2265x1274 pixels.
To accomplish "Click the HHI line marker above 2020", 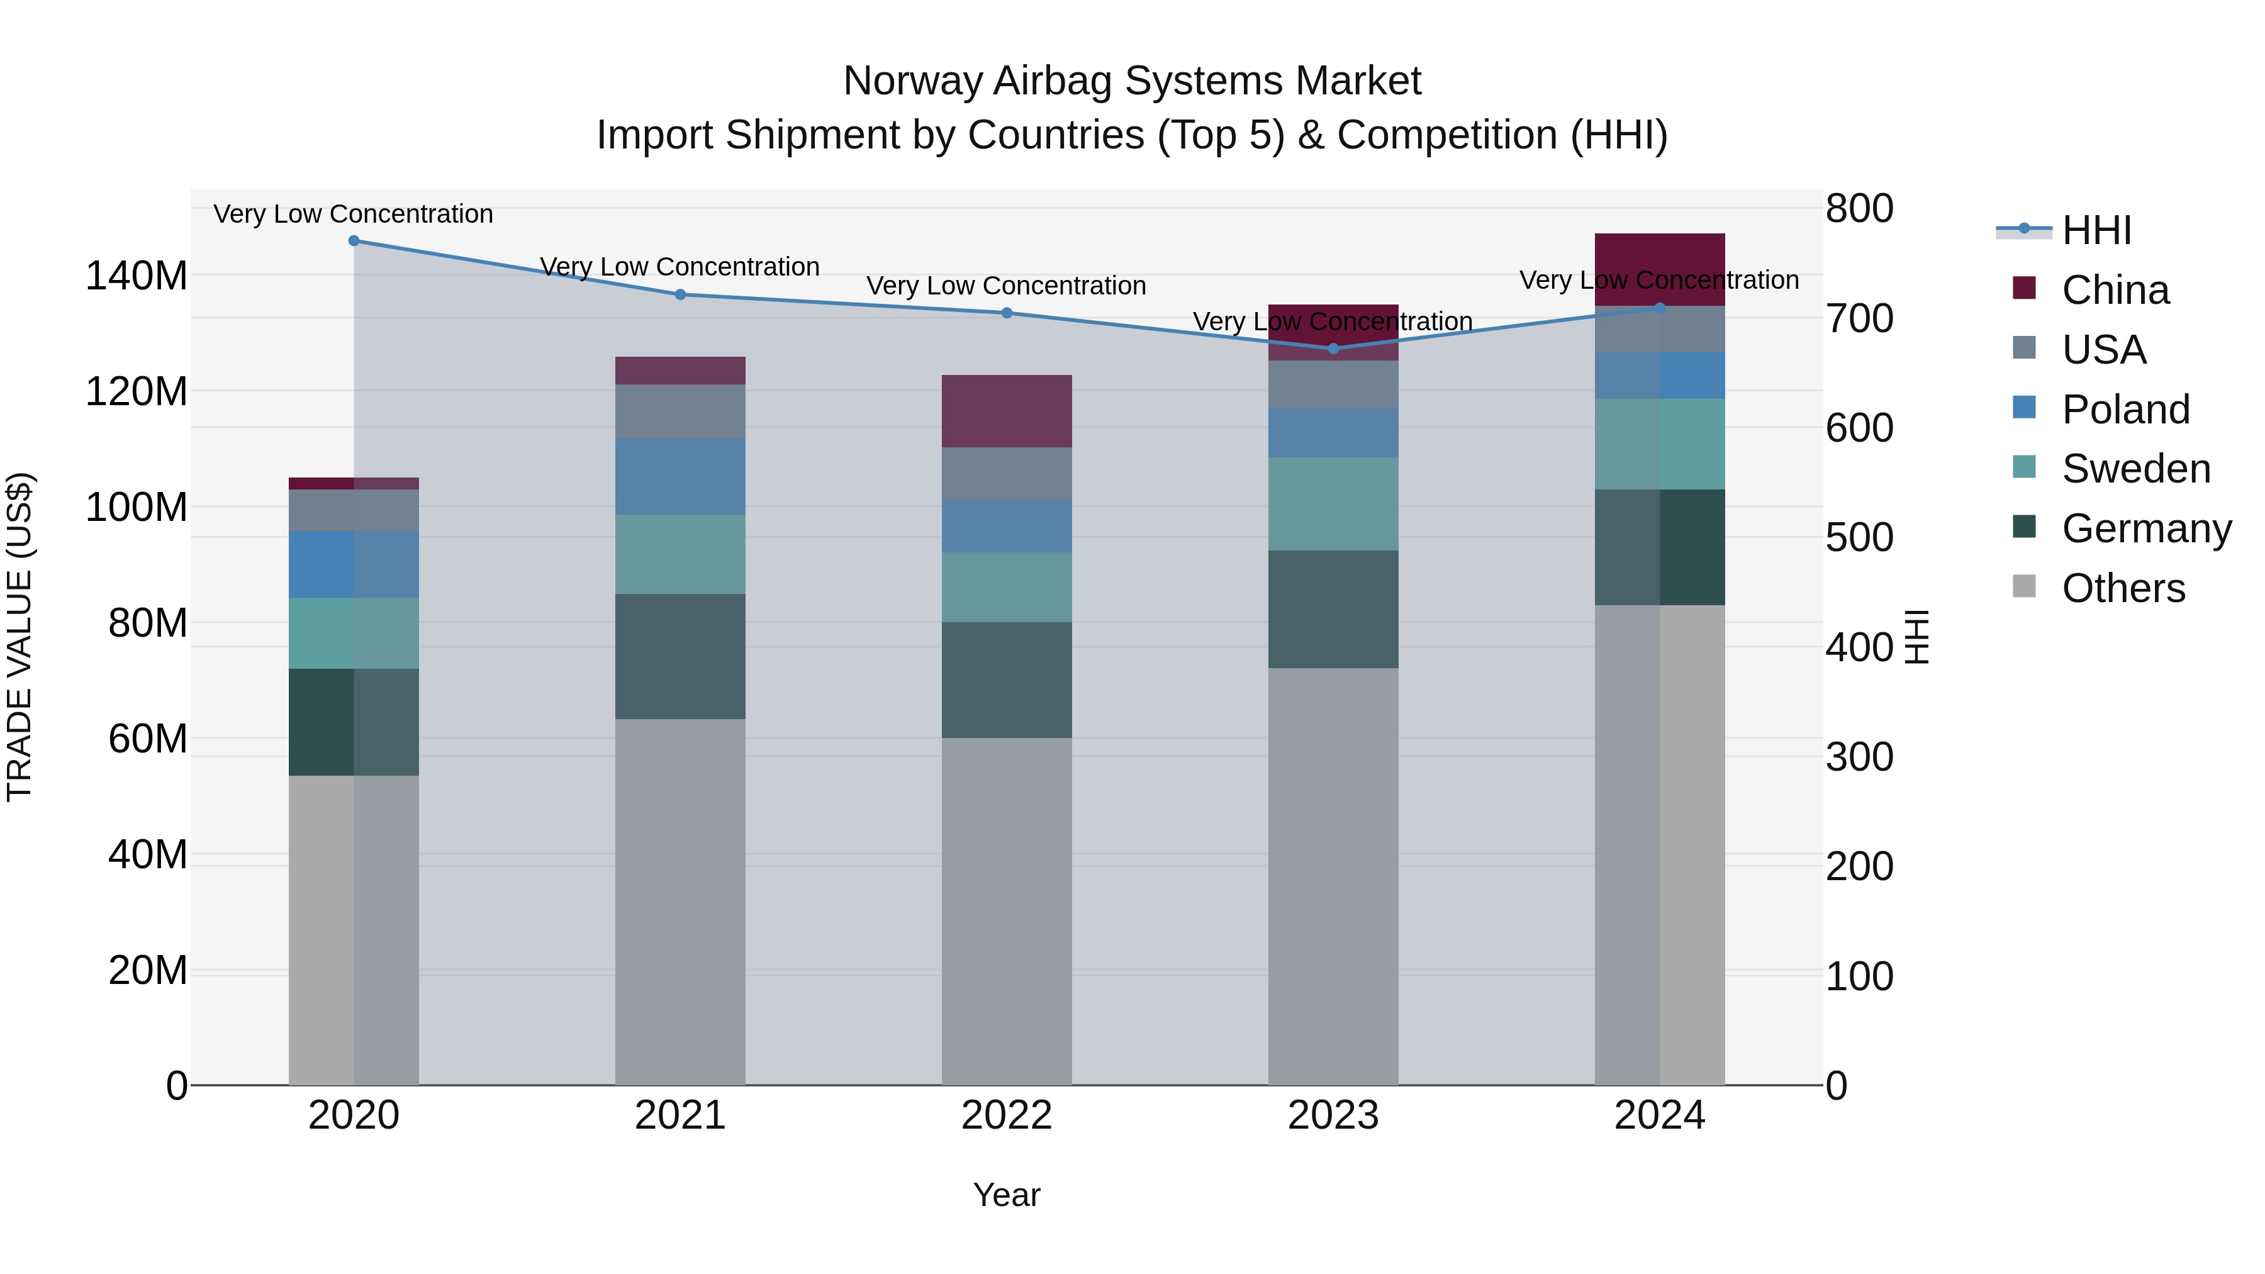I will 354,240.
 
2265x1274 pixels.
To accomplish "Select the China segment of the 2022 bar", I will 1006,411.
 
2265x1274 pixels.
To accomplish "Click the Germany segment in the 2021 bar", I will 679,656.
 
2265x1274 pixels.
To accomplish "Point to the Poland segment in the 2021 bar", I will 679,476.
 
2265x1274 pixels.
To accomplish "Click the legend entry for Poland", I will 2125,409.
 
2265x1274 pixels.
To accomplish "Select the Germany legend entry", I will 2145,528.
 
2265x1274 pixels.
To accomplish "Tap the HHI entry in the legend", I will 2096,230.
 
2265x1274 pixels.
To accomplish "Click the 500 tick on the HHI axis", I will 1859,537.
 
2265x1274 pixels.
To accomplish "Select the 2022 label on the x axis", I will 1006,1115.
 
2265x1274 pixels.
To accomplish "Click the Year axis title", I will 1006,1195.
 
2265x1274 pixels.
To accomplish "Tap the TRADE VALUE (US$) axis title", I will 20,637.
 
